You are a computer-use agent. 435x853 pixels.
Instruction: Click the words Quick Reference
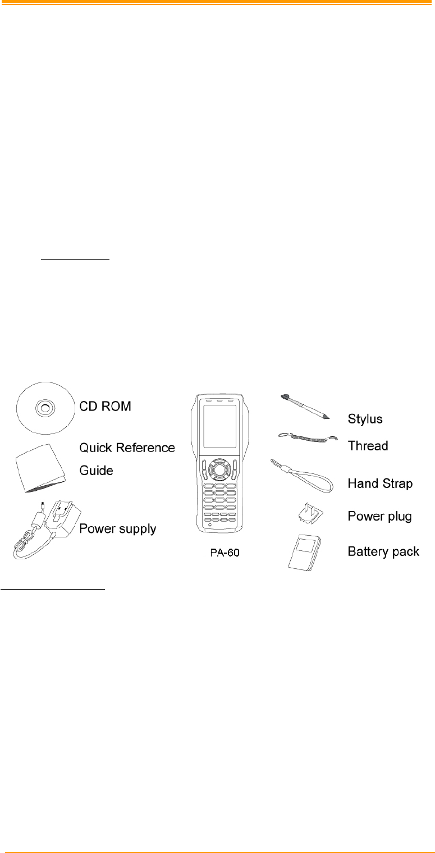127,448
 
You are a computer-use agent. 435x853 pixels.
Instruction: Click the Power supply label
117,528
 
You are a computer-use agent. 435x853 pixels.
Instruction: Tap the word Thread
368,446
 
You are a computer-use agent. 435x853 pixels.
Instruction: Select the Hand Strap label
380,483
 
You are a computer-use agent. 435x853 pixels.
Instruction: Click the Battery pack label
383,551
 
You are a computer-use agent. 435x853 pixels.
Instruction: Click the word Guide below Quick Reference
96,470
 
